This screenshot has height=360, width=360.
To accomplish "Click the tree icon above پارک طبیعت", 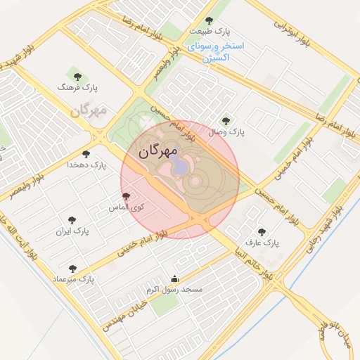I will click(208, 21).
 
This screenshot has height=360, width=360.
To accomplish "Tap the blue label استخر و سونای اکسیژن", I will click(215, 51).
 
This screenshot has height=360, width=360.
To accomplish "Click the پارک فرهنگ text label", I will click(78, 88).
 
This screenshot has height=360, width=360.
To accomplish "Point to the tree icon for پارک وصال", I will click(225, 121).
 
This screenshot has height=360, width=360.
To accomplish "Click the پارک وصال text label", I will click(226, 132).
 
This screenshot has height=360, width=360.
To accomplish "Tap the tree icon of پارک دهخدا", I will click(86, 153).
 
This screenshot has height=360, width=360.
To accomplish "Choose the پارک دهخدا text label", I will click(86, 165).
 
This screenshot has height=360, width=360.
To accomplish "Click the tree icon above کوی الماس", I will click(126, 197).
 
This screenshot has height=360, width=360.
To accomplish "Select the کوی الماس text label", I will click(126, 208).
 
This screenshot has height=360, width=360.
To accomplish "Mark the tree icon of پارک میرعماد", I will click(72, 268).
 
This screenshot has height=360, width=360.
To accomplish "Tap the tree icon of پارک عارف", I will click(262, 231).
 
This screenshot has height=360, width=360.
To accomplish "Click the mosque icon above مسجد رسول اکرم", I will click(174, 278).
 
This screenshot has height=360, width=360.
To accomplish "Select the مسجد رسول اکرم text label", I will click(174, 289).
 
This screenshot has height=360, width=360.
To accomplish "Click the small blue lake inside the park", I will click(179, 166).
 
